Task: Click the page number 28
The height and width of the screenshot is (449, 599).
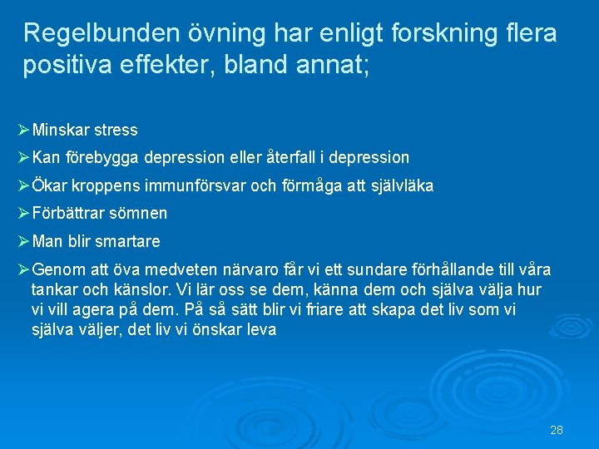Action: point(557,430)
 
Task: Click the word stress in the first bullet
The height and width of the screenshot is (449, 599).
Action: point(116,131)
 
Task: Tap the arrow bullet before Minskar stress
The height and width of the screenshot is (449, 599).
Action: point(23,130)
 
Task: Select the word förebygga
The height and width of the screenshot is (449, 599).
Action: point(102,157)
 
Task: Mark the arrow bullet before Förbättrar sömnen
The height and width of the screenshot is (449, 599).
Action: point(23,213)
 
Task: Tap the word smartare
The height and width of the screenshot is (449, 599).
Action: point(127,241)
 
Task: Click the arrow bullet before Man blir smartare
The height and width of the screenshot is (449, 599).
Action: point(23,241)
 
